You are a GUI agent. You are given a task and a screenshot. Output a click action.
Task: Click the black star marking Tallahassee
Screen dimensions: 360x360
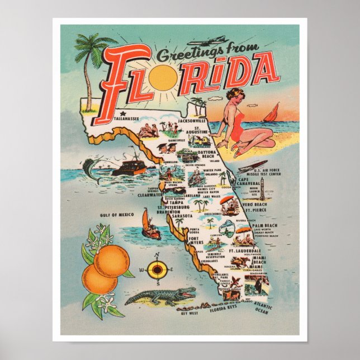(x=115, y=115)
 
